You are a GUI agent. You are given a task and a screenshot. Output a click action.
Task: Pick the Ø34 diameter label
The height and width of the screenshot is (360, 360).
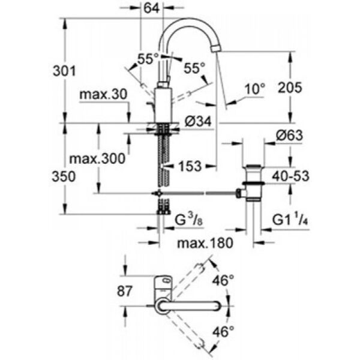pos(197,122)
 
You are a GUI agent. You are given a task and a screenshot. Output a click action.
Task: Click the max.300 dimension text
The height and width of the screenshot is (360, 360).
pos(97,159)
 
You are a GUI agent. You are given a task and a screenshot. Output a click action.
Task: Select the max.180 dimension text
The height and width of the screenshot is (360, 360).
pos(205,243)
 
